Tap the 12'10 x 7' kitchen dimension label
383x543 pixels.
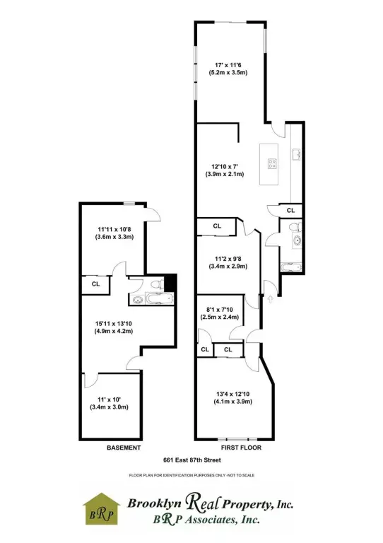tap(224, 169)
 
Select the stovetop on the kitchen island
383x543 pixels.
tap(271, 163)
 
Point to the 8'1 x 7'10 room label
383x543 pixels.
tap(222, 313)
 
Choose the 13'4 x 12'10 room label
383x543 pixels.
tap(228, 398)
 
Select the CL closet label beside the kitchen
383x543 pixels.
tap(290, 210)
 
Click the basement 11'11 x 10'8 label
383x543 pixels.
tap(114, 233)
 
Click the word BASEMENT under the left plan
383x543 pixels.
tap(124, 448)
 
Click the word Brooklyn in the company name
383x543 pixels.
tap(154, 503)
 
